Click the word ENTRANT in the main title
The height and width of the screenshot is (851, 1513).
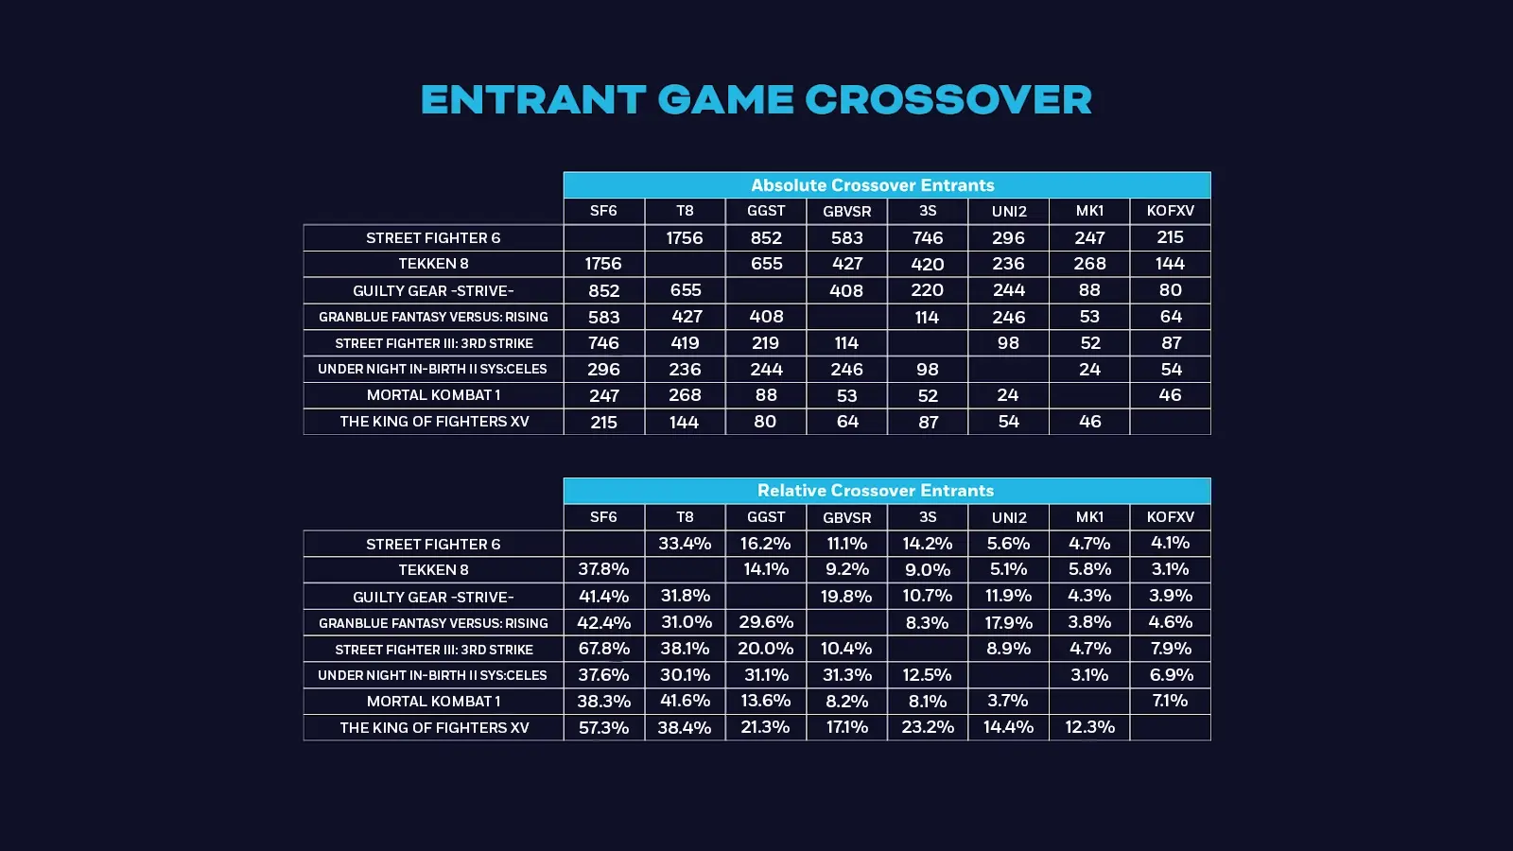(532, 100)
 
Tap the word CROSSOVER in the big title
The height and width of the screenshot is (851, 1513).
(948, 100)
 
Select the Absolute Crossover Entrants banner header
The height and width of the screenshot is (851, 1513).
(872, 185)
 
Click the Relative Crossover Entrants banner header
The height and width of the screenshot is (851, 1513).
(875, 491)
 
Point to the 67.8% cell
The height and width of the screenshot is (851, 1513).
(603, 649)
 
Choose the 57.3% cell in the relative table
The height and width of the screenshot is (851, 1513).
(603, 727)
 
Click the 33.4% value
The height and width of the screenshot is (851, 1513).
(685, 544)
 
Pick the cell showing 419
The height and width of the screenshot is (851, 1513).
(685, 343)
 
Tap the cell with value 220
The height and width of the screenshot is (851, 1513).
(927, 290)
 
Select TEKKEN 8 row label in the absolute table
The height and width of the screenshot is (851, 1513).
(433, 264)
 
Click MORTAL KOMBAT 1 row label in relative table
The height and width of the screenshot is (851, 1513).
(433, 702)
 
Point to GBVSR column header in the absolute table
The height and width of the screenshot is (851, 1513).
(846, 212)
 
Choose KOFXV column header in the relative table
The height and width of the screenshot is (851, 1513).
(1170, 517)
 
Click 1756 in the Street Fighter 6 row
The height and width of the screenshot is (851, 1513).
(685, 238)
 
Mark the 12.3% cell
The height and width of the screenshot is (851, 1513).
(1089, 727)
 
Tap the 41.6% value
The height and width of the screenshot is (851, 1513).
(685, 702)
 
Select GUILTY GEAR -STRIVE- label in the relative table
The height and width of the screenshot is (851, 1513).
(433, 597)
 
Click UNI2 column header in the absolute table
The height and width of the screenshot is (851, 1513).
(1009, 212)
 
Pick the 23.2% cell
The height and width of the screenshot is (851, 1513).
(927, 727)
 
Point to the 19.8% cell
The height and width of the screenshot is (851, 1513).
(846, 597)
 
